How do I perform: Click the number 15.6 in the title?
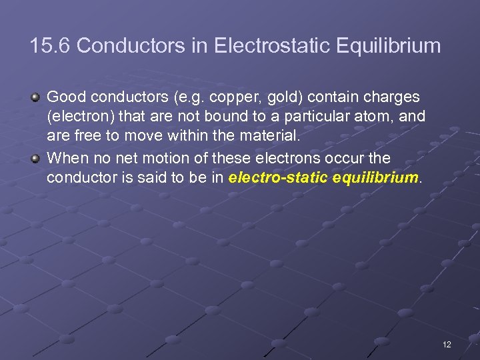53,46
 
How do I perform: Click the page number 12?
446,344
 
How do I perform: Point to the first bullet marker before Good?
36,98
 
